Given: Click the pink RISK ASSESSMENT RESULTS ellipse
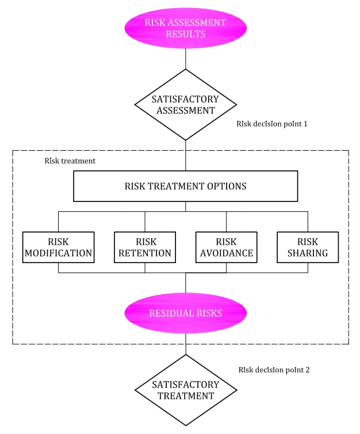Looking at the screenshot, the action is (x=186, y=28).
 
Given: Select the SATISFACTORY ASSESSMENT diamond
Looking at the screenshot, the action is (x=186, y=105).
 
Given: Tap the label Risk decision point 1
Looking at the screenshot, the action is (x=272, y=124).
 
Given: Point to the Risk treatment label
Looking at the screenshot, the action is (x=70, y=161).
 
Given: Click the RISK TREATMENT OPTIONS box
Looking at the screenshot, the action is (x=186, y=186).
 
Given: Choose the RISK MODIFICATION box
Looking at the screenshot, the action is (x=58, y=247).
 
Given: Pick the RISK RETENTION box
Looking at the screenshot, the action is (x=145, y=247).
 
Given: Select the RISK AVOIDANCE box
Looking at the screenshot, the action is (x=227, y=247).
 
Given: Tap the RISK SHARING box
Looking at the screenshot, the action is (x=308, y=247).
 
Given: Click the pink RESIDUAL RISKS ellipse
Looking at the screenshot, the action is (x=186, y=313).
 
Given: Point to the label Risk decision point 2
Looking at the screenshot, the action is (x=274, y=370).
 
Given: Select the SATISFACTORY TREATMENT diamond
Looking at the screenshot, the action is (x=186, y=390).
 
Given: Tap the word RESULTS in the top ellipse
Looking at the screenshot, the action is (x=186, y=34).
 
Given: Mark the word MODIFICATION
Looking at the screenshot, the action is (x=58, y=253).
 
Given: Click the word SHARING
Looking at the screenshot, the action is (x=308, y=253).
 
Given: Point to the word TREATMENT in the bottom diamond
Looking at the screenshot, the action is (x=186, y=396).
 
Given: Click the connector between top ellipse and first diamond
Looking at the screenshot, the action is (x=186, y=59).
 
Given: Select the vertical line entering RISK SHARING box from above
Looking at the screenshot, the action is (x=308, y=222).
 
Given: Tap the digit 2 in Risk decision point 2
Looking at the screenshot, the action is (x=308, y=370).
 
